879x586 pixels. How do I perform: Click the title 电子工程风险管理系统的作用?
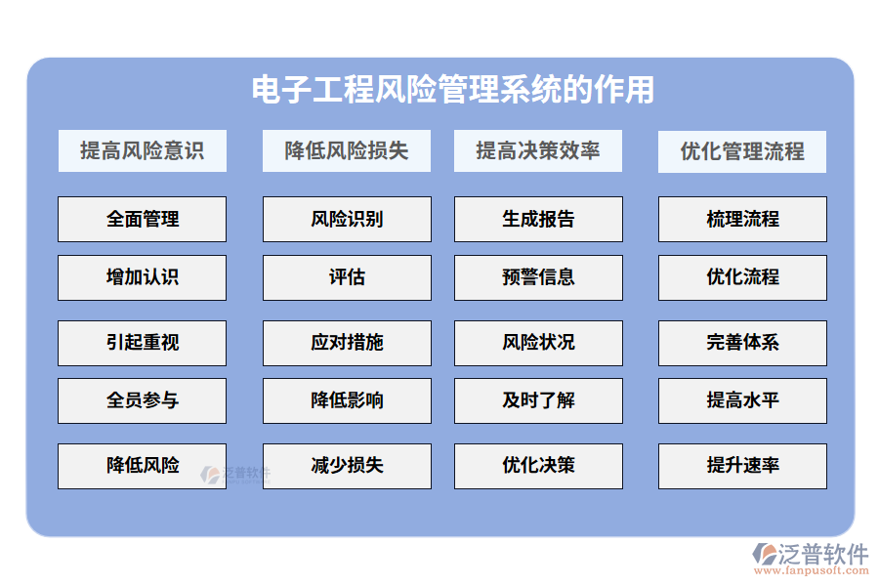point(453,90)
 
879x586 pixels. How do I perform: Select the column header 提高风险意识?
point(142,151)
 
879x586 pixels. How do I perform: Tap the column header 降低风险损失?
point(347,151)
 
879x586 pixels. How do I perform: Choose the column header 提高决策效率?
point(538,151)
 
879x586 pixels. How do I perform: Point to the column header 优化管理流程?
point(742,151)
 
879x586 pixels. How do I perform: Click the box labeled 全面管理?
point(142,219)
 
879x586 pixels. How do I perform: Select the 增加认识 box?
point(142,277)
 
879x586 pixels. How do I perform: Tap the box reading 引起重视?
point(142,343)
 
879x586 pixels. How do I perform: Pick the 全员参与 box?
point(142,400)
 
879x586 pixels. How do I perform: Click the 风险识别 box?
point(347,219)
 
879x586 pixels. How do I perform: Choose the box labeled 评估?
point(347,277)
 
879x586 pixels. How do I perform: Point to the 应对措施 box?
point(347,343)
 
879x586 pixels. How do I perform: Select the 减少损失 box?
point(347,466)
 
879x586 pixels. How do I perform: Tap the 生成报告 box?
point(538,219)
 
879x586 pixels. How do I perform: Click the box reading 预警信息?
point(538,277)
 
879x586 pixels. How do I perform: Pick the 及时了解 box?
point(538,400)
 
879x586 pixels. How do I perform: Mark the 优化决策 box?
point(538,466)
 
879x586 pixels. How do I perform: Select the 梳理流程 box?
point(742,219)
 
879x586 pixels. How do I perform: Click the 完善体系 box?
point(742,343)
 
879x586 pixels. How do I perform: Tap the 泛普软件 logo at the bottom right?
point(811,557)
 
